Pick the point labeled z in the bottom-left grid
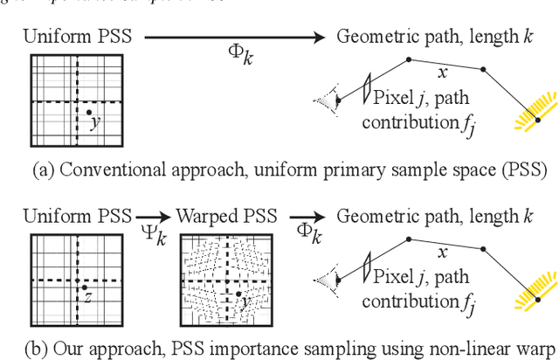(84, 287)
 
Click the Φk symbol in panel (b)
(307, 236)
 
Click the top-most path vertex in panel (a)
(408, 60)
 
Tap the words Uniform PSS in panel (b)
(77, 215)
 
